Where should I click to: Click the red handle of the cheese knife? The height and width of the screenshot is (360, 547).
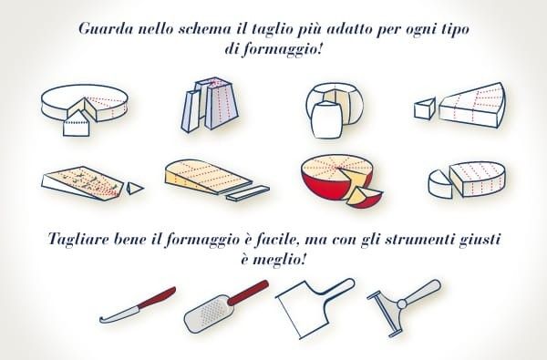[157, 297]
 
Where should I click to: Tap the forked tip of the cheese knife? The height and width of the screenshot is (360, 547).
[102, 320]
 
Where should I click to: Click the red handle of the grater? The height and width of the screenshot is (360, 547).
[248, 293]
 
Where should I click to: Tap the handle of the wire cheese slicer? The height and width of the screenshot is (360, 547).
[423, 292]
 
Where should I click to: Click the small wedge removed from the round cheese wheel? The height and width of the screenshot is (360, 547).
[77, 124]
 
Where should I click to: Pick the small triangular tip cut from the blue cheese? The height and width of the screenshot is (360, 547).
[134, 189]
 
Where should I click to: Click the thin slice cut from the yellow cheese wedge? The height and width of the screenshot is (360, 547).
[248, 193]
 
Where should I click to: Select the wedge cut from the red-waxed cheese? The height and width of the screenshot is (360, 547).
[364, 198]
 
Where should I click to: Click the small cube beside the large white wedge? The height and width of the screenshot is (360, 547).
[425, 108]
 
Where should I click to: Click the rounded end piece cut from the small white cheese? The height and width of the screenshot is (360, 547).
[440, 184]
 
